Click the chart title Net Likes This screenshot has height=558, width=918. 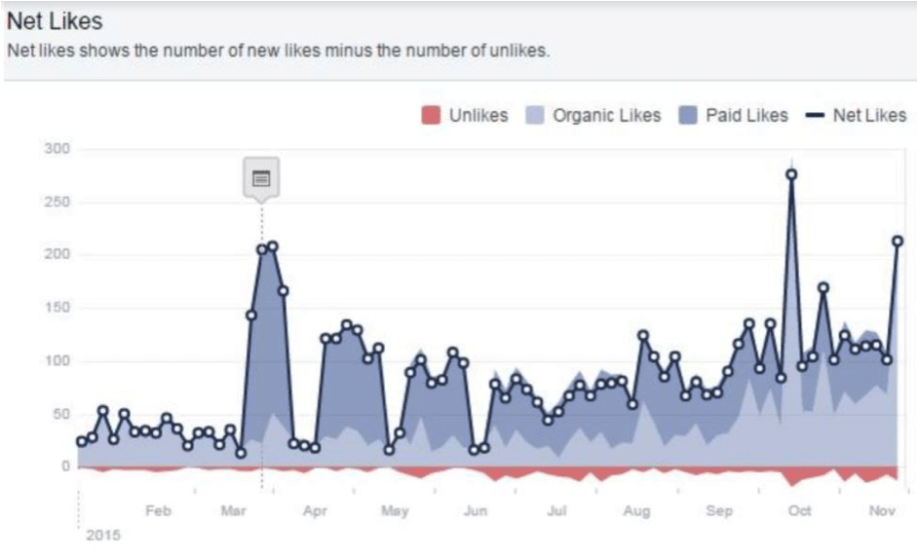pyautogui.click(x=55, y=20)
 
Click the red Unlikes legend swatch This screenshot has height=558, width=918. pyautogui.click(x=430, y=116)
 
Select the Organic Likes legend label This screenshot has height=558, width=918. pyautogui.click(x=606, y=116)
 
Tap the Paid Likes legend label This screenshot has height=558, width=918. pyautogui.click(x=746, y=116)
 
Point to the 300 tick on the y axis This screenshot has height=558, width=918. pyautogui.click(x=57, y=149)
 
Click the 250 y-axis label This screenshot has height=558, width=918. pyautogui.click(x=57, y=203)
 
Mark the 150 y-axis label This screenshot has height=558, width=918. pyautogui.click(x=57, y=309)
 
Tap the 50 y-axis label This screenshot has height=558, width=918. pyautogui.click(x=61, y=415)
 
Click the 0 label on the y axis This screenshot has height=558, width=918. pyautogui.click(x=66, y=466)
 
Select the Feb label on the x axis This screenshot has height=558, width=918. pyautogui.click(x=158, y=510)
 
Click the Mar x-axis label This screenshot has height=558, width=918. pyautogui.click(x=234, y=510)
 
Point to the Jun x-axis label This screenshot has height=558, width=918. pyautogui.click(x=475, y=510)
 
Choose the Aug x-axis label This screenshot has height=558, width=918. pyautogui.click(x=636, y=510)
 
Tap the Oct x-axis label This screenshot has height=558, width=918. pyautogui.click(x=800, y=510)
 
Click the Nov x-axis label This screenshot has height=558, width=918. pyautogui.click(x=882, y=510)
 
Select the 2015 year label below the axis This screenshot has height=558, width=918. pyautogui.click(x=102, y=535)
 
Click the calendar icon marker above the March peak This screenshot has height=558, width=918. pyautogui.click(x=260, y=178)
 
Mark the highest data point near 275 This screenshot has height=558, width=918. pyautogui.click(x=791, y=174)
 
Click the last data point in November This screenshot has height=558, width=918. pyautogui.click(x=898, y=242)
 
